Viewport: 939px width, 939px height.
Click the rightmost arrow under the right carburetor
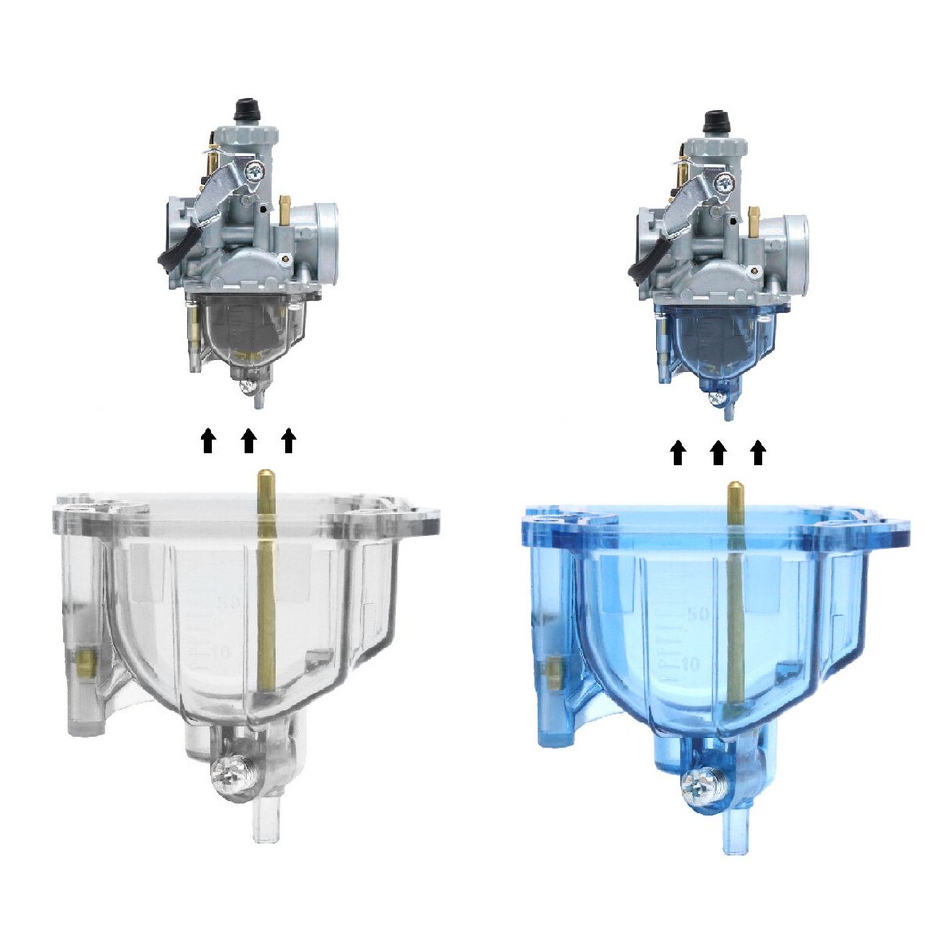coord(757,451)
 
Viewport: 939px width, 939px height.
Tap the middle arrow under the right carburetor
coord(718,451)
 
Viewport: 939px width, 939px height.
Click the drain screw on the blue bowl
coord(702,780)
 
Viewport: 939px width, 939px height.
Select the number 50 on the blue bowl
coord(697,615)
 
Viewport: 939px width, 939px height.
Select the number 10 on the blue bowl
coord(689,662)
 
